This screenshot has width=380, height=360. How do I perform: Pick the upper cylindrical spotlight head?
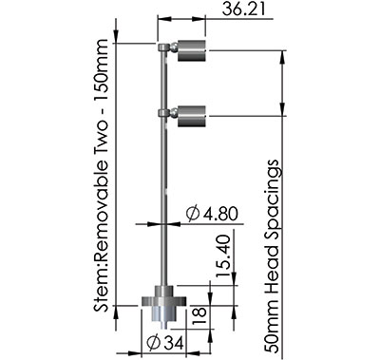pos(193,48)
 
